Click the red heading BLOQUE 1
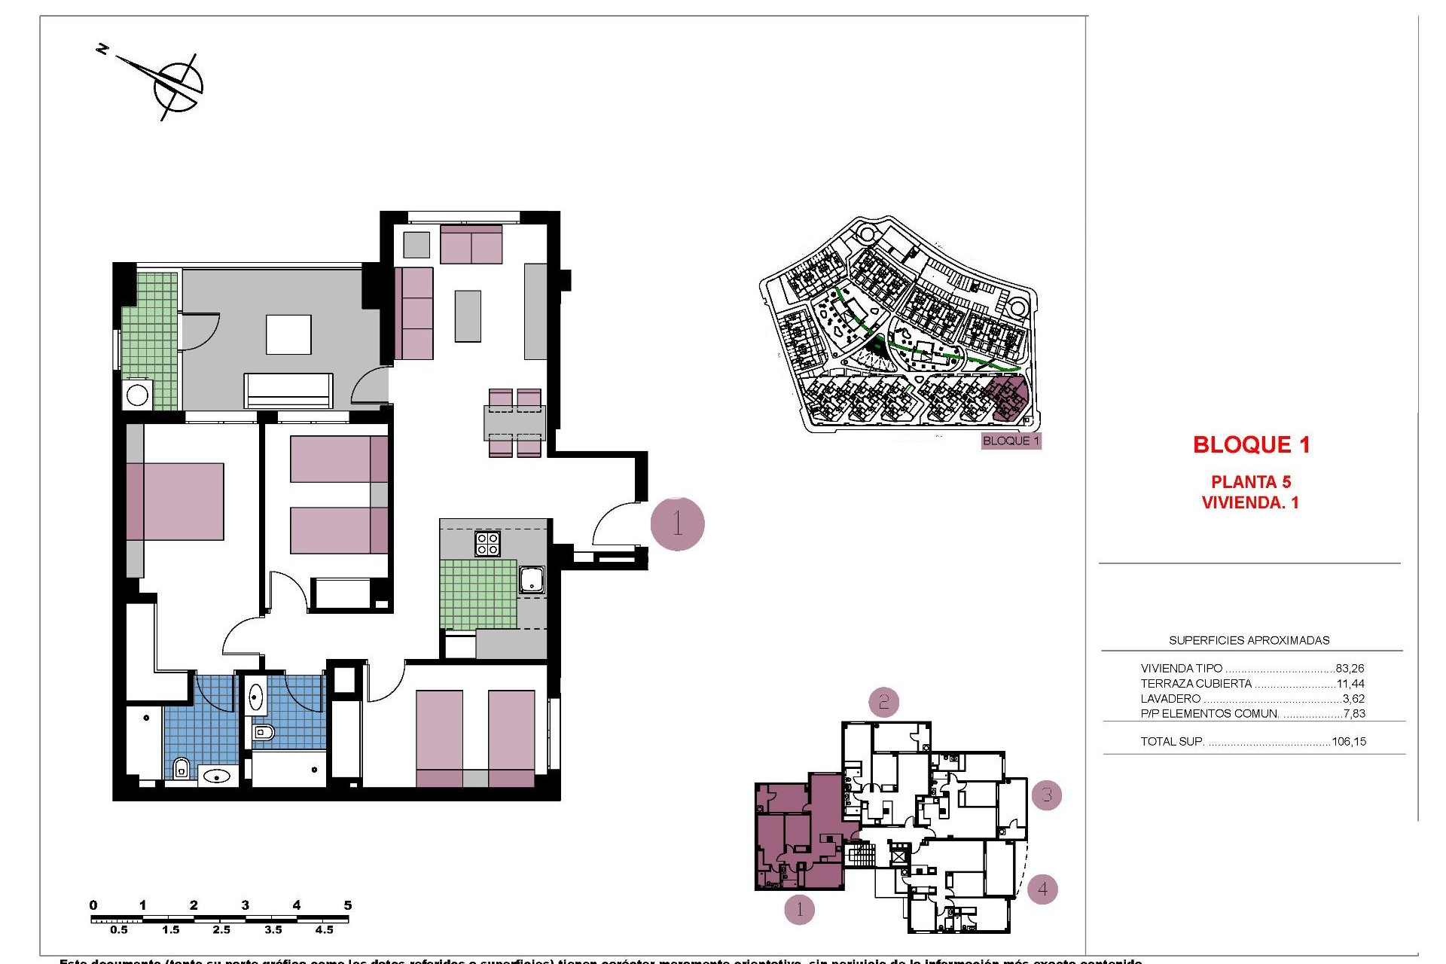click(x=1251, y=445)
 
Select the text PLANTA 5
click(x=1250, y=482)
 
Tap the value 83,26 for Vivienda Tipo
click(x=1350, y=668)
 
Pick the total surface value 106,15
click(x=1348, y=741)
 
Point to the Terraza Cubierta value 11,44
click(x=1350, y=684)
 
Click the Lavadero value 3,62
click(x=1353, y=698)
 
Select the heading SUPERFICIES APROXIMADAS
click(x=1249, y=640)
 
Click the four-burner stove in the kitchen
click(x=487, y=543)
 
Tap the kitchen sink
click(x=532, y=579)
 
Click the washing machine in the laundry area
click(x=138, y=395)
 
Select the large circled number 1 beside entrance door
click(x=677, y=523)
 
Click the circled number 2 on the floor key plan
click(x=883, y=702)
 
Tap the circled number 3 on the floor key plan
click(x=1046, y=795)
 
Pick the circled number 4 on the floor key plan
click(x=1042, y=889)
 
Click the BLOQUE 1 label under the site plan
click(x=1011, y=441)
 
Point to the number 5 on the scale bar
click(x=347, y=905)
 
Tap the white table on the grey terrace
click(x=288, y=334)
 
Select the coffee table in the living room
click(x=468, y=316)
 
